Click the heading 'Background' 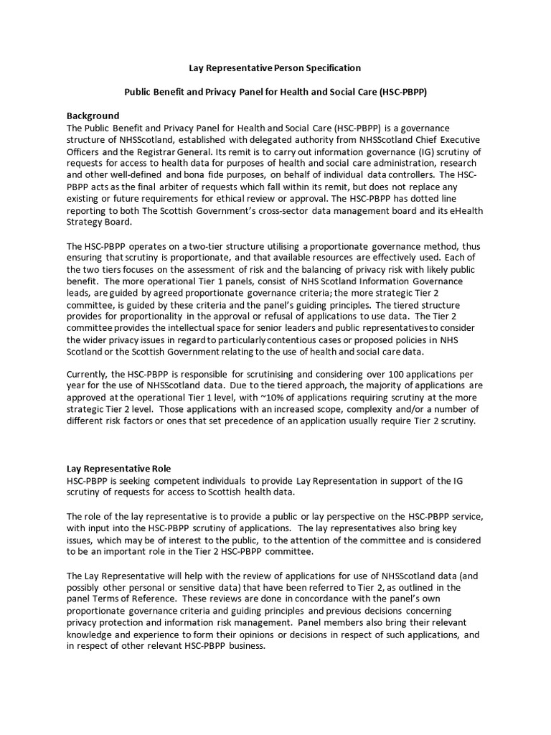click(x=93, y=116)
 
